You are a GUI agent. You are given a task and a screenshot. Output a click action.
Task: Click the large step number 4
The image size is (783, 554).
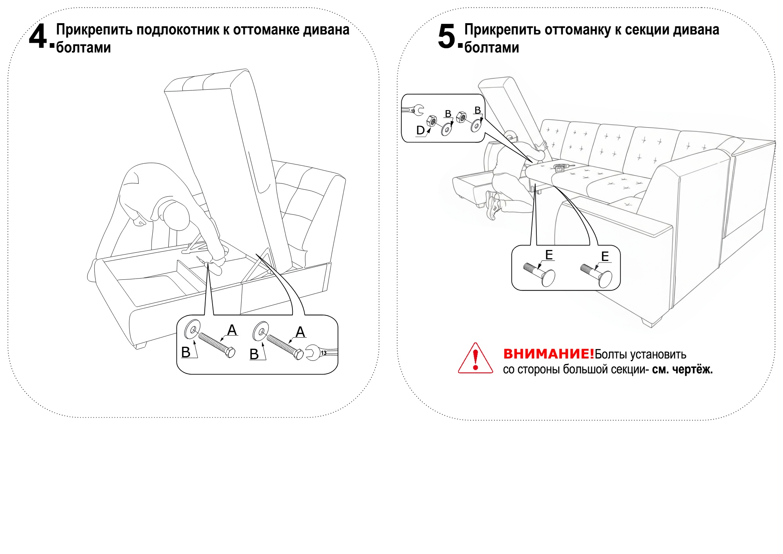tap(38, 37)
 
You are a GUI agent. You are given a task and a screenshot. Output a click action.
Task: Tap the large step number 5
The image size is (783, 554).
tap(447, 37)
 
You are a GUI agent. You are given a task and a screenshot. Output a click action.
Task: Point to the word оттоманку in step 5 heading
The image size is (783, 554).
tap(577, 30)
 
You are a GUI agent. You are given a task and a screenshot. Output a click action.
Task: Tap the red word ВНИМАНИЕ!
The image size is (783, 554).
tap(548, 354)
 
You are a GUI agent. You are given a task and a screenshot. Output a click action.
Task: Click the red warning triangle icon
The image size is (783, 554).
tap(475, 359)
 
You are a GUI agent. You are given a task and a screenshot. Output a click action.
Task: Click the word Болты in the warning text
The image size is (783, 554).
tap(609, 355)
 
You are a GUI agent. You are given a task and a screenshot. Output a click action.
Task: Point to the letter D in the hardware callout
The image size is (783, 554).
tap(420, 130)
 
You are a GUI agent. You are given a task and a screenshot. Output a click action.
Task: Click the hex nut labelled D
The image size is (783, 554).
tap(431, 120)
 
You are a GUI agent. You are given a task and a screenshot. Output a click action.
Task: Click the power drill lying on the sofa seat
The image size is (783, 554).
tap(560, 168)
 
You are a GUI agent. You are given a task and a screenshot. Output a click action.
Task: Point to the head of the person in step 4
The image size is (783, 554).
tap(176, 215)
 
